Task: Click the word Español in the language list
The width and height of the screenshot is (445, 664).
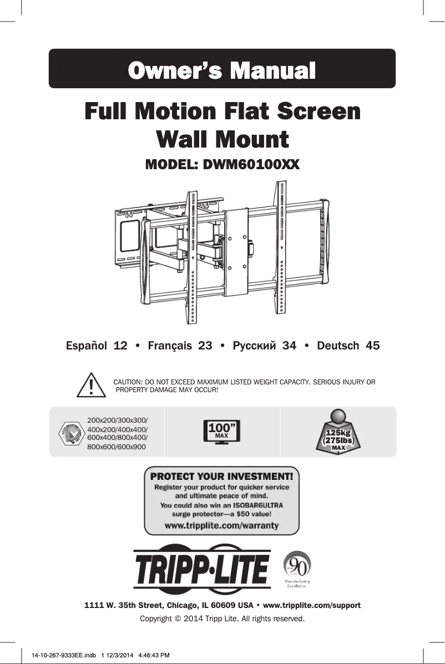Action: click(x=87, y=346)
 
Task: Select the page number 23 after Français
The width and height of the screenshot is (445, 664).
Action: click(x=205, y=346)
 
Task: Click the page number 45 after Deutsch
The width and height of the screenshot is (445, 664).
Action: click(x=370, y=346)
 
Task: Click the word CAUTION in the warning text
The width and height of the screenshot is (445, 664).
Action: click(x=128, y=382)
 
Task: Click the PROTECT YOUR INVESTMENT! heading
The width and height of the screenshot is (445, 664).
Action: click(x=222, y=476)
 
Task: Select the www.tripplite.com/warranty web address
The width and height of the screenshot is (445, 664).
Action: click(x=222, y=525)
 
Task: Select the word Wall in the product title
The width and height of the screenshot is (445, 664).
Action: click(x=186, y=139)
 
